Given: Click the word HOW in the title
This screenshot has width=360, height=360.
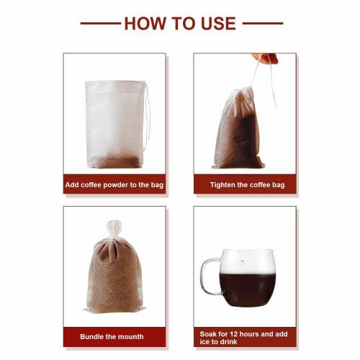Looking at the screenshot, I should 145,23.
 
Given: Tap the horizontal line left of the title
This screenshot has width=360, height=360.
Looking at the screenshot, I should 99,23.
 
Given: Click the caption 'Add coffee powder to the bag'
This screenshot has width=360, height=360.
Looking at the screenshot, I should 114,185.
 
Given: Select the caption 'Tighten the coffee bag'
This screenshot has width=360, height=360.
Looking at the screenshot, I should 247,185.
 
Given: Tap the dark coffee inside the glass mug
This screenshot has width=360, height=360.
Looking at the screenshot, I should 247,288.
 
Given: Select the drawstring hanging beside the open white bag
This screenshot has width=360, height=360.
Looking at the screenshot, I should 148,115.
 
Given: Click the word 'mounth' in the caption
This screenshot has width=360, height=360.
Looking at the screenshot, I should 129,336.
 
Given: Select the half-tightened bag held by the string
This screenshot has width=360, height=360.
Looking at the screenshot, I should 238,130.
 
